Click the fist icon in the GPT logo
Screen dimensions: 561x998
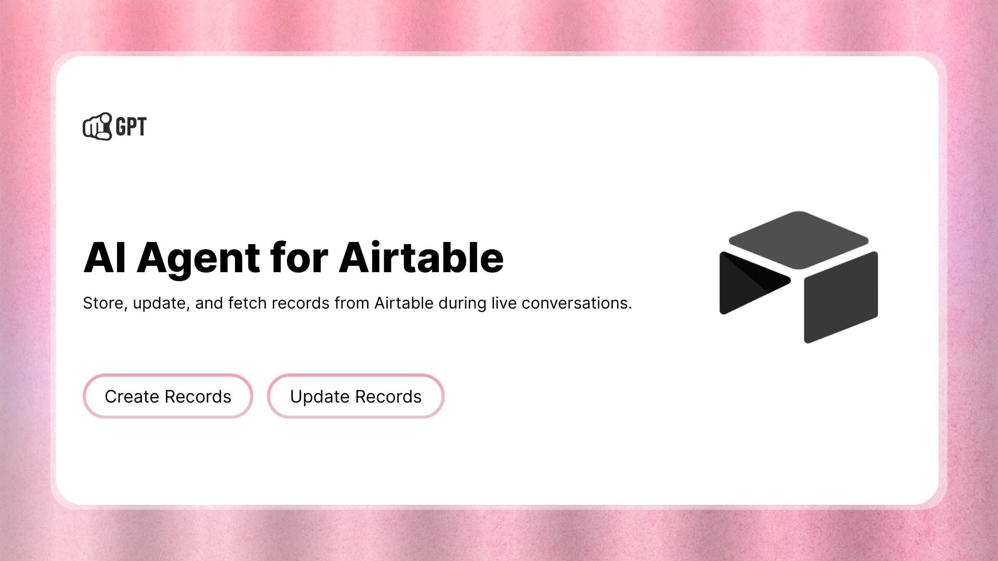click(x=97, y=127)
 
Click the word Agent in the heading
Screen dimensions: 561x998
click(x=198, y=258)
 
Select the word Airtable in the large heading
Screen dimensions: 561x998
click(x=421, y=258)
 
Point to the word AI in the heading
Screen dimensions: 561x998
click(x=104, y=258)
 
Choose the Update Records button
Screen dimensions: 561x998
click(x=356, y=396)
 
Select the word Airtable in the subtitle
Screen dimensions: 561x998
click(x=404, y=303)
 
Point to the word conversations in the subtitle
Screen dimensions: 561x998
click(x=576, y=303)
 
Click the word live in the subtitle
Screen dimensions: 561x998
click(x=504, y=303)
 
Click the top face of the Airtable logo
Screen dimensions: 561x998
click(x=798, y=239)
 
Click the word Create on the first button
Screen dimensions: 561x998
click(x=132, y=397)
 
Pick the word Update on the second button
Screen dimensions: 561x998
click(x=320, y=397)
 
